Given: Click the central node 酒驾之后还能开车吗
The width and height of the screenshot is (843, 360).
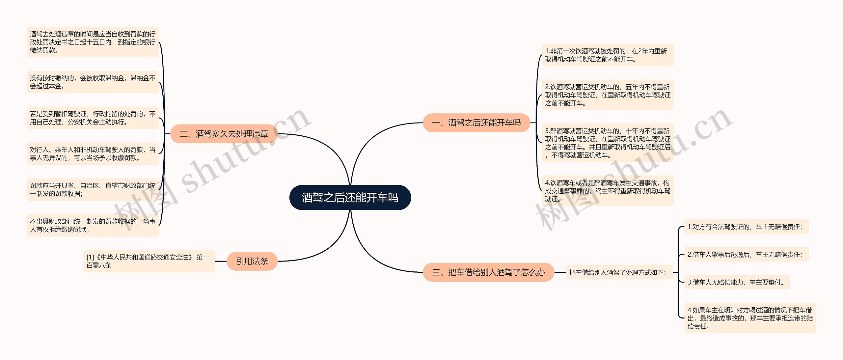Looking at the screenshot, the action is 350,198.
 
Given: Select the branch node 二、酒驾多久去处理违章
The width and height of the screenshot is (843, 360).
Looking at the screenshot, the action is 224,134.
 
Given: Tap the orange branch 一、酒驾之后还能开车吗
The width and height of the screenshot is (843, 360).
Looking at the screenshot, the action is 476,123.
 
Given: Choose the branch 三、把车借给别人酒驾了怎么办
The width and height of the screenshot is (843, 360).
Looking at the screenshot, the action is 488,272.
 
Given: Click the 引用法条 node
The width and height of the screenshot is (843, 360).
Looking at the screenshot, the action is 252,261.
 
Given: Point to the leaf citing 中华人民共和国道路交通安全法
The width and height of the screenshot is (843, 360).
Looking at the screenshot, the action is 149,261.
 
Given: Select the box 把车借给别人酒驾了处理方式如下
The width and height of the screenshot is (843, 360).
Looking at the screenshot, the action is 619,272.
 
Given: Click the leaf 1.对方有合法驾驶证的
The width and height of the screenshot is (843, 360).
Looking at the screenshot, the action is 746,227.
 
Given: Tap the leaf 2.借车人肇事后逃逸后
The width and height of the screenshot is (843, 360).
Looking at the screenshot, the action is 746,255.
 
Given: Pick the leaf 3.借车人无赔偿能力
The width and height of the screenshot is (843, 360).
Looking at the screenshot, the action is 737,282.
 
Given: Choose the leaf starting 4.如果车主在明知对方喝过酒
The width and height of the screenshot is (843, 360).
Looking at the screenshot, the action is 750,318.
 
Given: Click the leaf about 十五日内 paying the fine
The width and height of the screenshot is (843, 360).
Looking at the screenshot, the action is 93,42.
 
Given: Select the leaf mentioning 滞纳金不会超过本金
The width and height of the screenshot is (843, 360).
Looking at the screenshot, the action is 93,82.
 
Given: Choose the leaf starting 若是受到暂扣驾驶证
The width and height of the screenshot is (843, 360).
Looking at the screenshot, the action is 93,118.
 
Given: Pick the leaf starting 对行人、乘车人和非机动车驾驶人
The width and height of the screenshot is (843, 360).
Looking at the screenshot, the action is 93,154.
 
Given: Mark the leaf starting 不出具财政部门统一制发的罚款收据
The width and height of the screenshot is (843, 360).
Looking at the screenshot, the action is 93,225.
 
